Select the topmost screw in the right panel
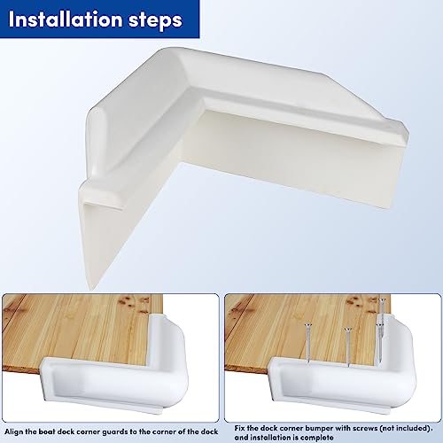coord(381,315)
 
